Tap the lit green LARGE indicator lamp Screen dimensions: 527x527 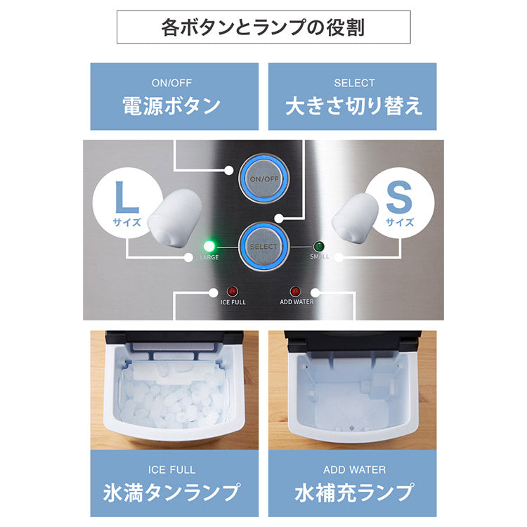(x=209, y=247)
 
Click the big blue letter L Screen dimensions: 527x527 (x=127, y=199)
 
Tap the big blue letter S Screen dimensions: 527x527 (x=399, y=199)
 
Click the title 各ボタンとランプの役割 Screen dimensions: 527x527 (x=263, y=28)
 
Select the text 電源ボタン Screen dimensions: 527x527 (x=171, y=106)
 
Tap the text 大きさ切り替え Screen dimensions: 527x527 (x=353, y=106)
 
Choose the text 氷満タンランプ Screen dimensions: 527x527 (x=171, y=491)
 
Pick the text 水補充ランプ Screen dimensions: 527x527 (x=353, y=491)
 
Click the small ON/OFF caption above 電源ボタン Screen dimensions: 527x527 (x=171, y=83)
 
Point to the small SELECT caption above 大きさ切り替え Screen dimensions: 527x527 (x=353, y=83)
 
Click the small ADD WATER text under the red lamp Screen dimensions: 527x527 (x=296, y=303)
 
